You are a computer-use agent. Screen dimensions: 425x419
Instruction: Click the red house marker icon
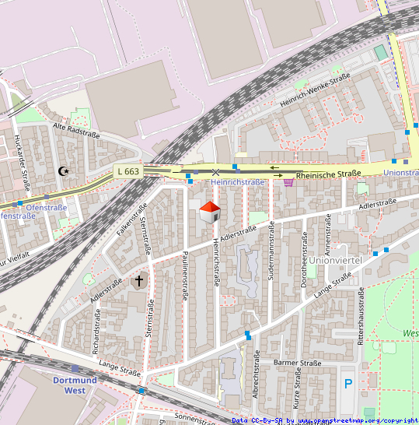[x=209, y=211]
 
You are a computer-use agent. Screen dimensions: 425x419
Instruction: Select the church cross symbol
[x=140, y=280]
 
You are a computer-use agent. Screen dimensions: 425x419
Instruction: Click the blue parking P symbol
[x=348, y=383]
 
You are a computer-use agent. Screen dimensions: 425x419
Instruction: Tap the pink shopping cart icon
[x=289, y=182]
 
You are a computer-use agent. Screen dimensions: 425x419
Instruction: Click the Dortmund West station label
[x=75, y=385]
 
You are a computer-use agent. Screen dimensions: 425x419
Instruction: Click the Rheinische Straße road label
[x=329, y=174]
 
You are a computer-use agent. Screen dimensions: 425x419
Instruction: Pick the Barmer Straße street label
[x=298, y=363]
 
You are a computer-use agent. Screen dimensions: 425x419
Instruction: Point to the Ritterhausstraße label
[x=361, y=315]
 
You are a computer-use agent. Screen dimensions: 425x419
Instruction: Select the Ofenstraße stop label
[x=46, y=208]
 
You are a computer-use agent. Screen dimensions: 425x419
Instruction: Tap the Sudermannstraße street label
[x=271, y=251]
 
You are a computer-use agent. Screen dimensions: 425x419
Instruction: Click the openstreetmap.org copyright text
[x=358, y=420]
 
